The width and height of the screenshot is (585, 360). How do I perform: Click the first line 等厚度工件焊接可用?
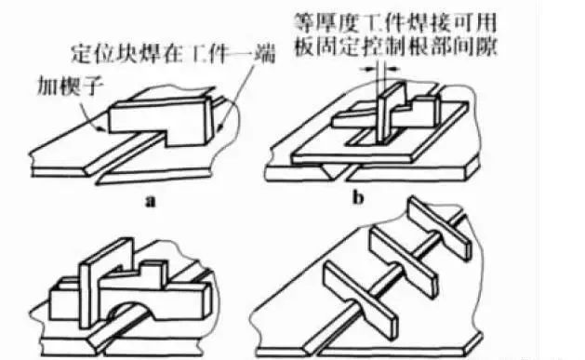pos(395,22)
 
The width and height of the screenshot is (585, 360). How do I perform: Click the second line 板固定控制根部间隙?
pos(395,46)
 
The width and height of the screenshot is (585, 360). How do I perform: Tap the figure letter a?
pos(150,202)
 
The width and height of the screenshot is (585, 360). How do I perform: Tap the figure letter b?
pos(358,198)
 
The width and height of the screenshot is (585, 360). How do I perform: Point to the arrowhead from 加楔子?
pos(101,130)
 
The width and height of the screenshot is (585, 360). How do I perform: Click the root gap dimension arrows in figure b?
pos(381,69)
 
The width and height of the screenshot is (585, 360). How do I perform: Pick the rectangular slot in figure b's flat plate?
pos(373,138)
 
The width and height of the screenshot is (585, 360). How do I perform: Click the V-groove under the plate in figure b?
pos(335,171)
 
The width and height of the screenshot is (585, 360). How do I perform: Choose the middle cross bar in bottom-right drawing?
pos(404,262)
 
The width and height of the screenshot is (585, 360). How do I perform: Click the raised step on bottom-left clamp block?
pos(153,273)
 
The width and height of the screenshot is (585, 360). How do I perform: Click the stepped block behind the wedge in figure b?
pos(425,109)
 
